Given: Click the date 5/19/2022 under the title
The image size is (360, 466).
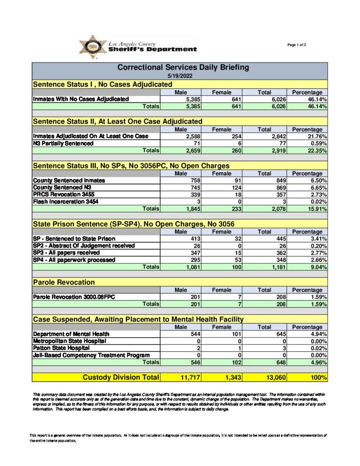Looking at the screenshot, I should coord(180,76).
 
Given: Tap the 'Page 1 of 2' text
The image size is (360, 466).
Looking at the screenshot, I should coord(297,45).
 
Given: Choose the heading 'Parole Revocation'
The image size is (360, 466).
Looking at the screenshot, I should coord(64,283).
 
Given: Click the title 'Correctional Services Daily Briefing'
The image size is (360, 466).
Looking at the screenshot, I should coord(183,67).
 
